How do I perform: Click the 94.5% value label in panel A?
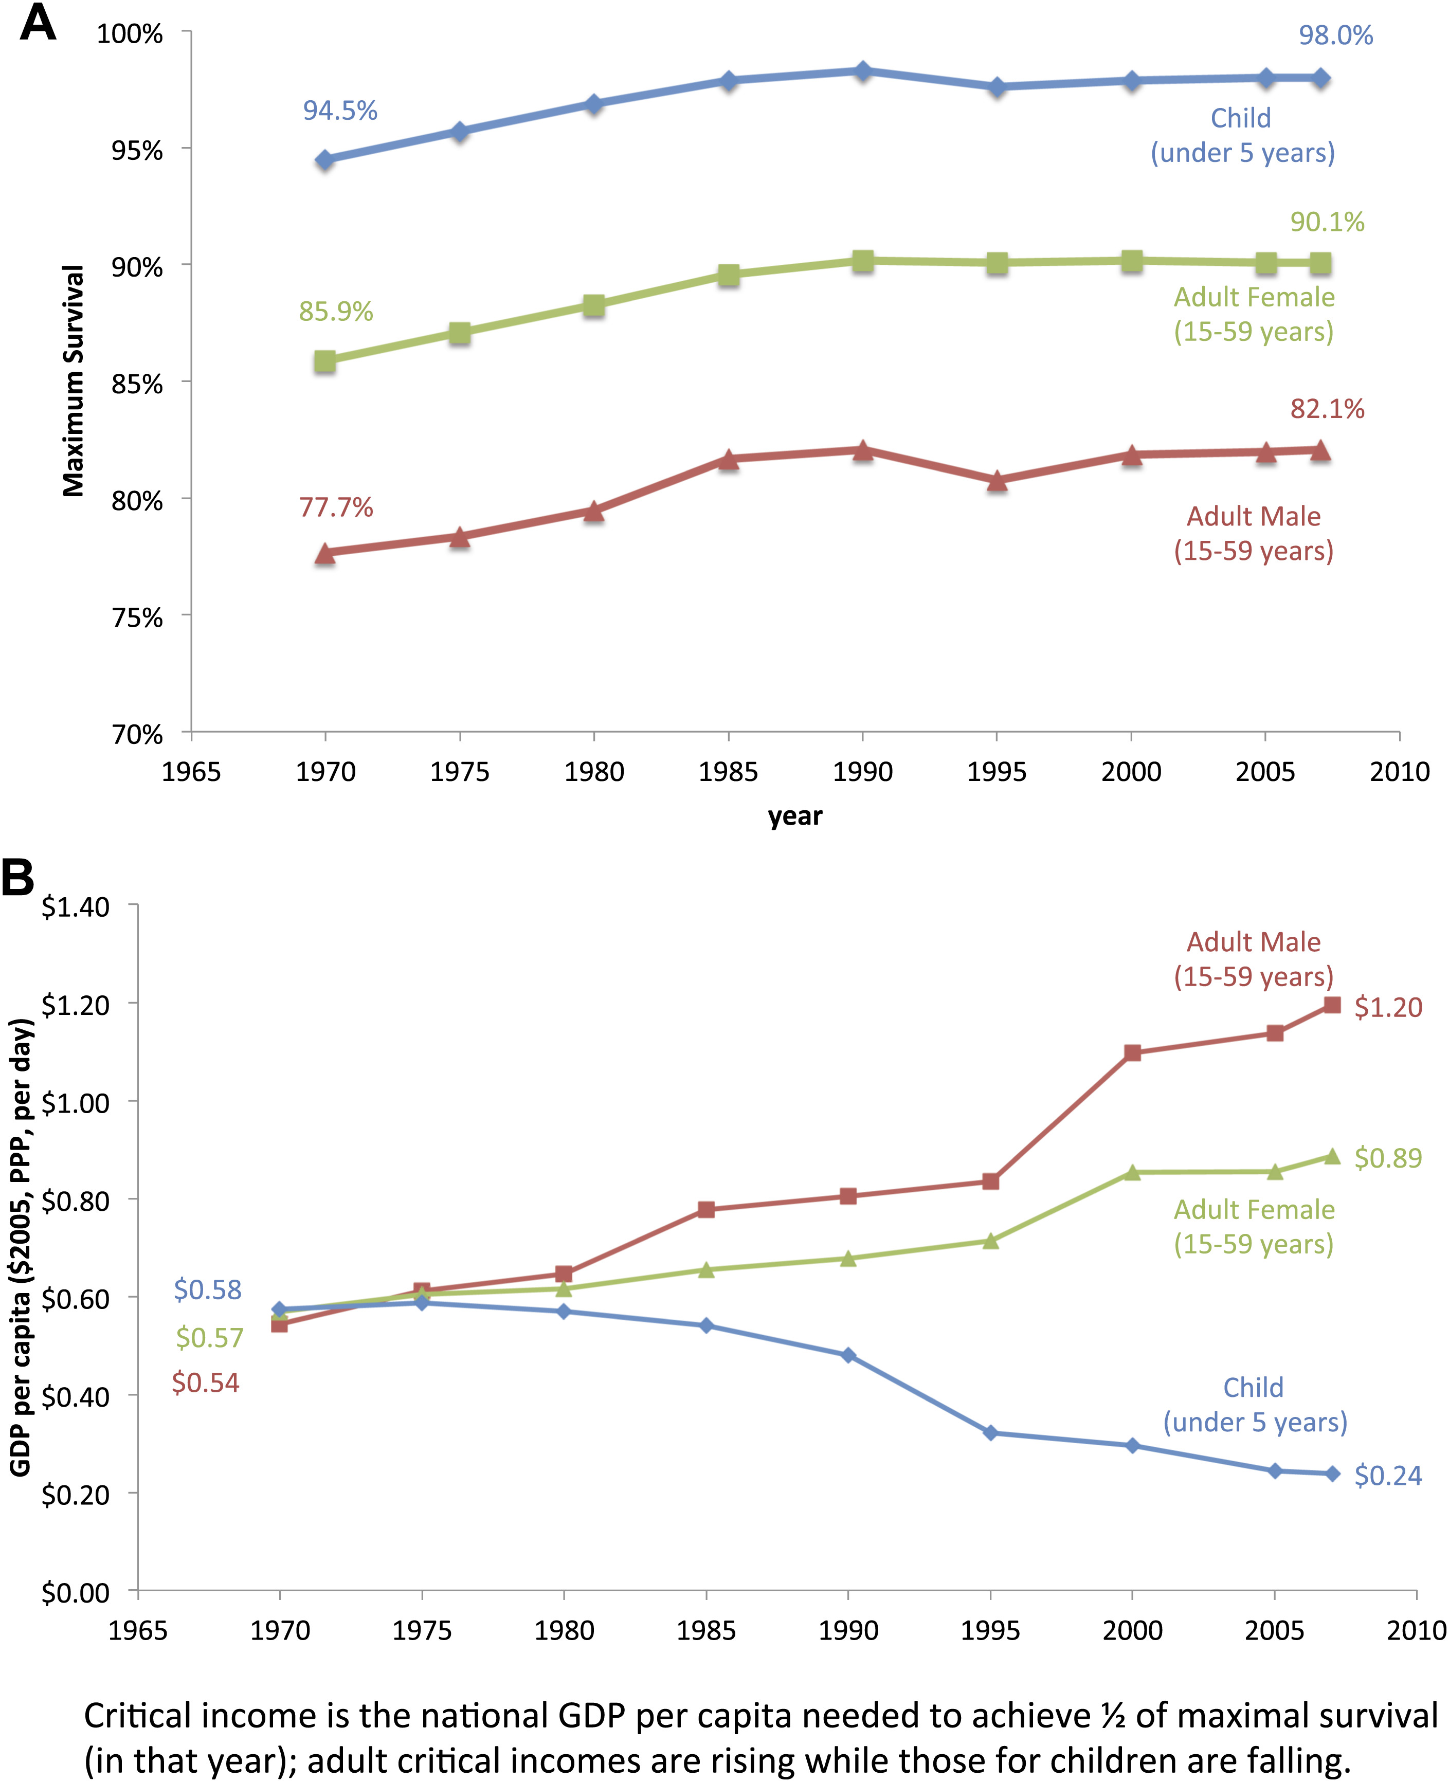pos(340,111)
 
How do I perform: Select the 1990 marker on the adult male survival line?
pos(862,451)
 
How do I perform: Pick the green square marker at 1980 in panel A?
pos(593,305)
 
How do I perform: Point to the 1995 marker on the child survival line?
pos(997,87)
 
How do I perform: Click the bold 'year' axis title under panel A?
pos(794,815)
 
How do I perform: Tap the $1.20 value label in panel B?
pos(1387,1007)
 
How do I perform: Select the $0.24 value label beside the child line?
pos(1387,1476)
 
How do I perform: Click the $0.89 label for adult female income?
pos(1387,1158)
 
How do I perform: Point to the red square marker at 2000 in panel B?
pos(1132,1052)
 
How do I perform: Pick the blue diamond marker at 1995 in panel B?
pos(991,1433)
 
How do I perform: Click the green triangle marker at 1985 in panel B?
pos(706,1269)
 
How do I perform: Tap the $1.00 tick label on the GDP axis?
pos(75,1103)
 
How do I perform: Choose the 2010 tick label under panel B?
pos(1416,1630)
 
